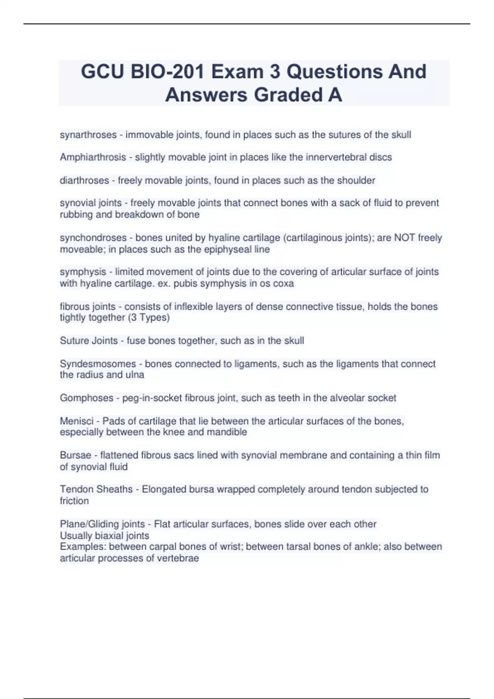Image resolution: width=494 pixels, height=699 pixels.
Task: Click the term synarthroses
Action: pyautogui.click(x=88, y=135)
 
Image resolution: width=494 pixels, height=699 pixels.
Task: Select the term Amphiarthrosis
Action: pyautogui.click(x=93, y=157)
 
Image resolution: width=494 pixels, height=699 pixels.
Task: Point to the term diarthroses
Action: pyautogui.click(x=84, y=181)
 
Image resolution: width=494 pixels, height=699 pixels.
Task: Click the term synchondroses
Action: pyautogui.click(x=93, y=238)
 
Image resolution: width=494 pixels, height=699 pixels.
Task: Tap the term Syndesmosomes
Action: pyautogui.click(x=98, y=364)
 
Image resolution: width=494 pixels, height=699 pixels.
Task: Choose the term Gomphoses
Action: pyautogui.click(x=86, y=398)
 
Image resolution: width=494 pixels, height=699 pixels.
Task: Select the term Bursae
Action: pyautogui.click(x=75, y=455)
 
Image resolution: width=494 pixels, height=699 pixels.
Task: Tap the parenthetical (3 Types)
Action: pyautogui.click(x=149, y=317)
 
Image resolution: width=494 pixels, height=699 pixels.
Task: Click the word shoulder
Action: pyautogui.click(x=356, y=181)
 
